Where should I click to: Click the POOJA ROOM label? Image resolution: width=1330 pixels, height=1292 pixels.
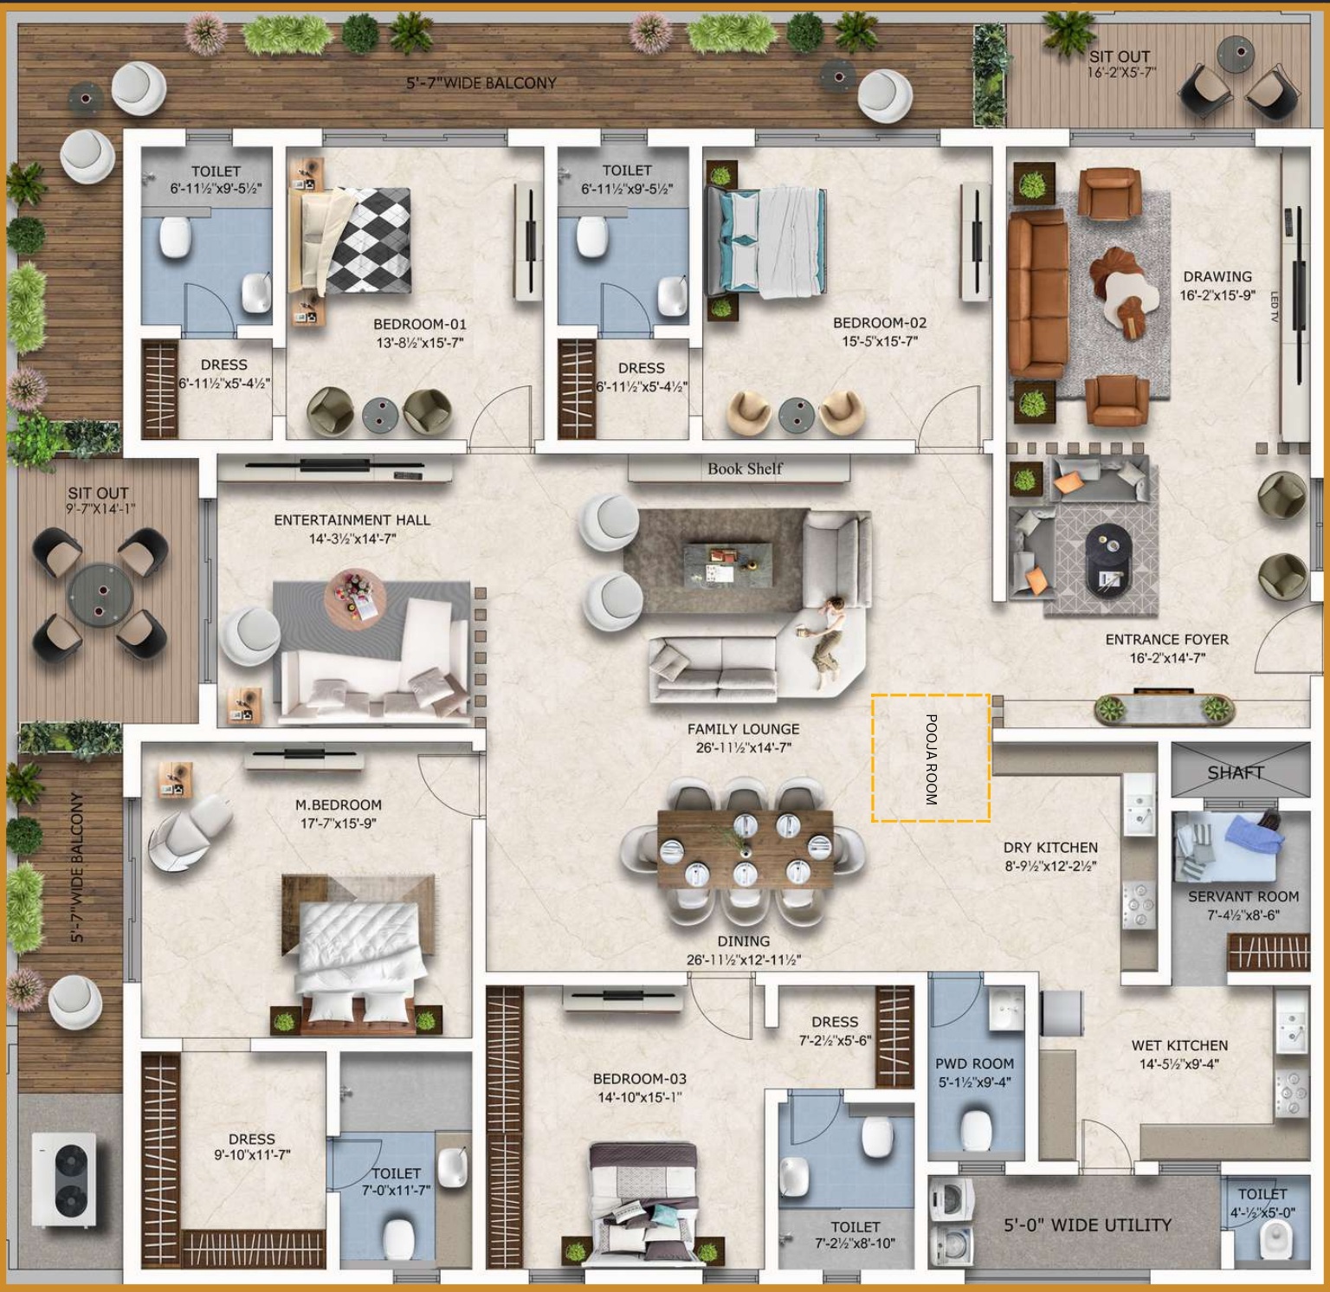point(931,759)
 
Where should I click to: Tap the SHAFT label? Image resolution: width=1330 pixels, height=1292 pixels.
point(1236,772)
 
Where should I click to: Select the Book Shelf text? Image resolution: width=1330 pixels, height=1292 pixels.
point(745,468)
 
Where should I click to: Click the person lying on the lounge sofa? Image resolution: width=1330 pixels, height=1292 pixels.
point(825,636)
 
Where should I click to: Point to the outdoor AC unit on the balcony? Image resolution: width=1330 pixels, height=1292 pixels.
point(64,1182)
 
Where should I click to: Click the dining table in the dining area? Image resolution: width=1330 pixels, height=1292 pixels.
point(745,849)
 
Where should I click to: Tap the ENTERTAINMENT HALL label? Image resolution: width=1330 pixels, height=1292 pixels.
point(352,520)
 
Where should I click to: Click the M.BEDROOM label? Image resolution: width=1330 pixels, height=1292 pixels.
point(338,804)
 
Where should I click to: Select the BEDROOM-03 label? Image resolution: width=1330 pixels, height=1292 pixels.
point(639,1079)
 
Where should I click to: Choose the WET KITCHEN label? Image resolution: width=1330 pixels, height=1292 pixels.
point(1179,1045)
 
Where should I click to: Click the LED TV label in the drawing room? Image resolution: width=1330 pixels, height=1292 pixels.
point(1274,307)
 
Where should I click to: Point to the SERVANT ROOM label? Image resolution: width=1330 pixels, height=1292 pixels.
point(1243,896)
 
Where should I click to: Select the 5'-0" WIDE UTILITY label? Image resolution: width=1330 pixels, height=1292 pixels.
point(1088,1224)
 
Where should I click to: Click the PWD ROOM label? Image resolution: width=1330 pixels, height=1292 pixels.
point(974,1063)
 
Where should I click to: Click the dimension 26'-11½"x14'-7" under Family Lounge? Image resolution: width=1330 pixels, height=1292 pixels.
point(744,747)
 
